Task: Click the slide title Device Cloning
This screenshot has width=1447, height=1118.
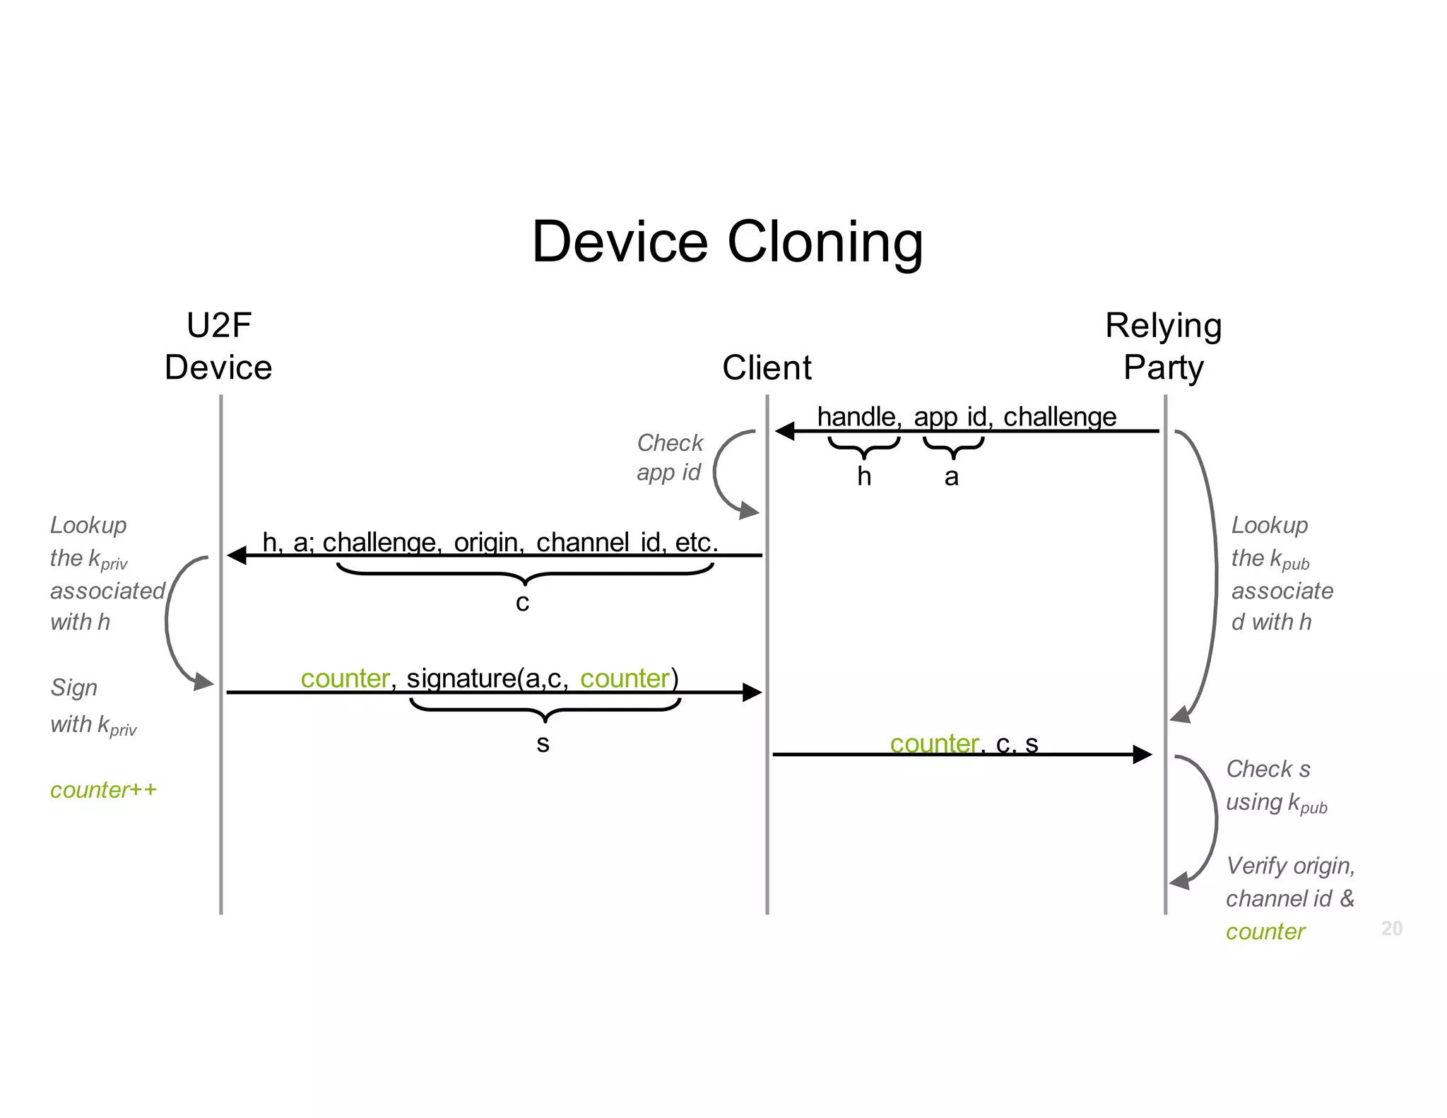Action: [x=727, y=242]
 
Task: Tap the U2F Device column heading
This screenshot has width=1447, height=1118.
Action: [x=218, y=346]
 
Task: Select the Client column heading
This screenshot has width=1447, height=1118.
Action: [x=767, y=367]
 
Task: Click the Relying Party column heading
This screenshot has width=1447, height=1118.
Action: [x=1163, y=346]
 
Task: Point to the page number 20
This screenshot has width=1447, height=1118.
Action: [x=1391, y=928]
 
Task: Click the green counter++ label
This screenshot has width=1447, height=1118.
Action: [x=103, y=789]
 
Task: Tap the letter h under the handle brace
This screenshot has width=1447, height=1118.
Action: [x=863, y=476]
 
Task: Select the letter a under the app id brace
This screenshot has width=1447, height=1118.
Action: [x=952, y=477]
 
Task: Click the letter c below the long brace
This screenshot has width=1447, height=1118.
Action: [x=522, y=603]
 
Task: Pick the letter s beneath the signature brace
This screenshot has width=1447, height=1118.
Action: [x=543, y=743]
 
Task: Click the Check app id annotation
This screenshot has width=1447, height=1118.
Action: [x=669, y=457]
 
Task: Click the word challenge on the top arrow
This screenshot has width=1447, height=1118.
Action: [x=1059, y=417]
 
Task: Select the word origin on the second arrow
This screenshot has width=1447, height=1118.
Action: [x=488, y=542]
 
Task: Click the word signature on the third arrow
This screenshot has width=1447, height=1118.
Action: [x=461, y=678]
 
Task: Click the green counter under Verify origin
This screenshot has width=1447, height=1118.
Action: [x=1265, y=931]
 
